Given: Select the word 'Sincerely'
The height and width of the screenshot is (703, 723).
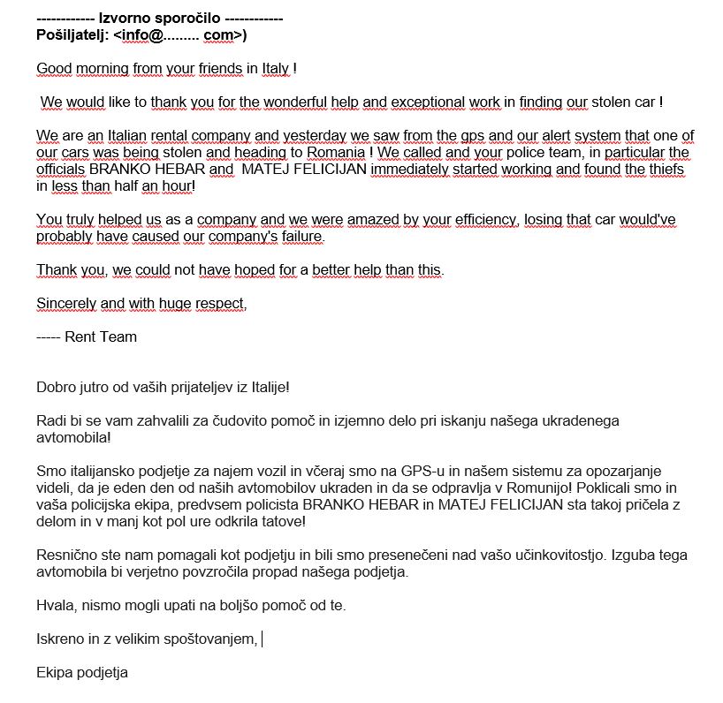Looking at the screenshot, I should click(66, 304).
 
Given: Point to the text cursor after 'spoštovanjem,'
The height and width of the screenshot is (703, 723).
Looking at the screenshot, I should click(263, 639).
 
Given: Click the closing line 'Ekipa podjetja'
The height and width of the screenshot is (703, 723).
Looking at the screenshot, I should click(82, 672).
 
